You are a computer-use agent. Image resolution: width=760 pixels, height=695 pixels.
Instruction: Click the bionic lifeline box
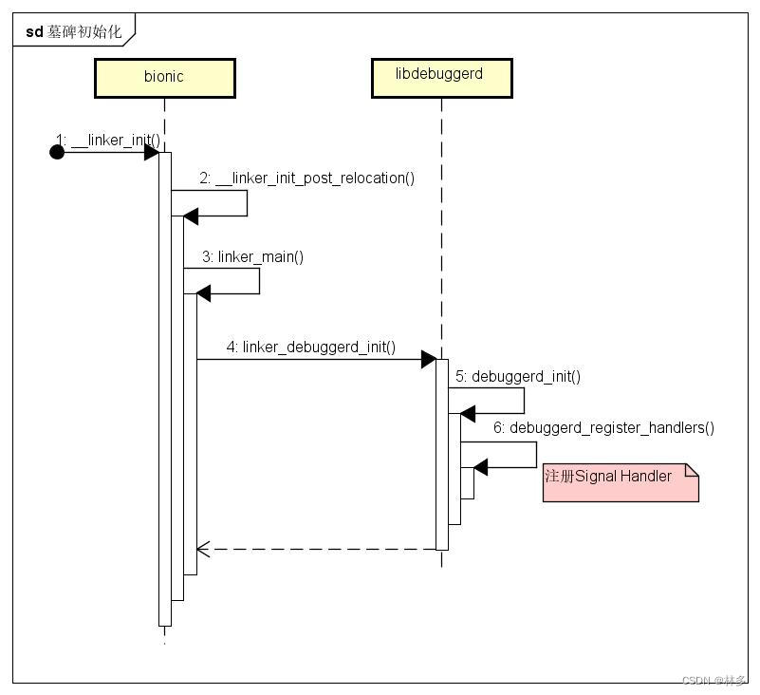164,78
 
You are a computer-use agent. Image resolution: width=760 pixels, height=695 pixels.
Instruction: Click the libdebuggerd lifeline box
441,78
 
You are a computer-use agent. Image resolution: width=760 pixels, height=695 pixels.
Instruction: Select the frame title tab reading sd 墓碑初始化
74,31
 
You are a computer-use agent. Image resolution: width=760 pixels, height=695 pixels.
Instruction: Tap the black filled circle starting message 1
57,152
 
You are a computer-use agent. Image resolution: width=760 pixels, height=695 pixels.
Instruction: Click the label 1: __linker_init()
107,141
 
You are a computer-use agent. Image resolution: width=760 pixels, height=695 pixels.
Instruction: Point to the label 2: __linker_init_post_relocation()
306,178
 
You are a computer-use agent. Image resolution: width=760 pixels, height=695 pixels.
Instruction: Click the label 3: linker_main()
252,256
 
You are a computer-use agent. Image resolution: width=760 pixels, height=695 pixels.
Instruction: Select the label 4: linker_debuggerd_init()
310,347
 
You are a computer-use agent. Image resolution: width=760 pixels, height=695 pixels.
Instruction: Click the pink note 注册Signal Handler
620,482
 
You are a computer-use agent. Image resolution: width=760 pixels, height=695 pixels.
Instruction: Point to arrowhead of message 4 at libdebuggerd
428,359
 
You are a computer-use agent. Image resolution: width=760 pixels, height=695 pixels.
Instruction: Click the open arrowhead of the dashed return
202,549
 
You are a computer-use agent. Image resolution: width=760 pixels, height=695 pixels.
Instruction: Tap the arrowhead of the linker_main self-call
203,294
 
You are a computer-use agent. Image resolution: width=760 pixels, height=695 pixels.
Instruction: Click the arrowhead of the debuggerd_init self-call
467,414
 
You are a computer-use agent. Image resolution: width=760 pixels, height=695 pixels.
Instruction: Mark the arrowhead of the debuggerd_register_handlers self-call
480,467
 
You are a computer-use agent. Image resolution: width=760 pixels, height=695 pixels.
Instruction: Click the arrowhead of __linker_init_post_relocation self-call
190,216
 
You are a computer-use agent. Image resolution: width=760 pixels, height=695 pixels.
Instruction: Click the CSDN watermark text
714,681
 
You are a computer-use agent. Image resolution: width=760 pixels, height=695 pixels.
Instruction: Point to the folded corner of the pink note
692,470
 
